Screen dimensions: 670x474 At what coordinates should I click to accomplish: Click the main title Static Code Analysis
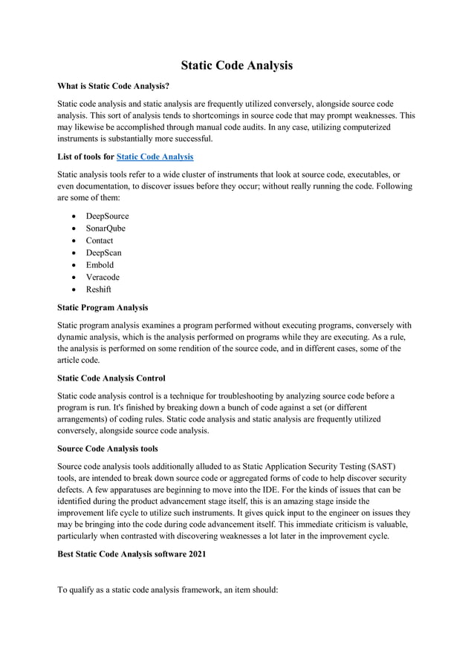pos(236,65)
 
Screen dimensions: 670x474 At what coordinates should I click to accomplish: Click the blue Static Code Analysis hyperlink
pos(155,157)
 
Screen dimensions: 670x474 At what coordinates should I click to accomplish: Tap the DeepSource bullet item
pos(107,216)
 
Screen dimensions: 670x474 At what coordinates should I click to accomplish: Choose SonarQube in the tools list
pos(105,228)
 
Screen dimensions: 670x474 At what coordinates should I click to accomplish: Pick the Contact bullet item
pos(100,240)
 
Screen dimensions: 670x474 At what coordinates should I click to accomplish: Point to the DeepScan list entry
pos(103,252)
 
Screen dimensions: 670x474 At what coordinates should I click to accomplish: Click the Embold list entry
pos(100,265)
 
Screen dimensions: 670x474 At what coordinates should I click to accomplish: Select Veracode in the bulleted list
pos(103,277)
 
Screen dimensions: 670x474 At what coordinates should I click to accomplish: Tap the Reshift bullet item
pos(98,289)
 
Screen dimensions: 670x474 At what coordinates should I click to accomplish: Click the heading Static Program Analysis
pos(103,307)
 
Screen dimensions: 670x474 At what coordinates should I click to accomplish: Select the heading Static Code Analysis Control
pos(111,378)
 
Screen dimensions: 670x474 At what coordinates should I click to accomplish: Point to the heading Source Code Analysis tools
pos(108,448)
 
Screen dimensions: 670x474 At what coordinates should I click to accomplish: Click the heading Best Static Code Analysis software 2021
pos(132,554)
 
